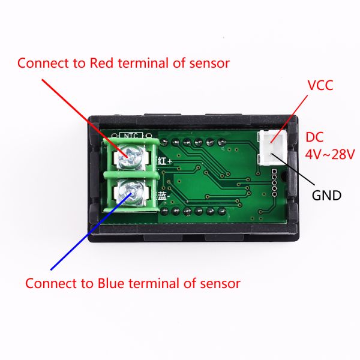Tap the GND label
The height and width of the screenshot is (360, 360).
[326, 195]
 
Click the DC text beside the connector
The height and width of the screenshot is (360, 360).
[316, 136]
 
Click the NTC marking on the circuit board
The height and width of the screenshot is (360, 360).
[130, 135]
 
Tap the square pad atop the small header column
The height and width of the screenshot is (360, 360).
[274, 172]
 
